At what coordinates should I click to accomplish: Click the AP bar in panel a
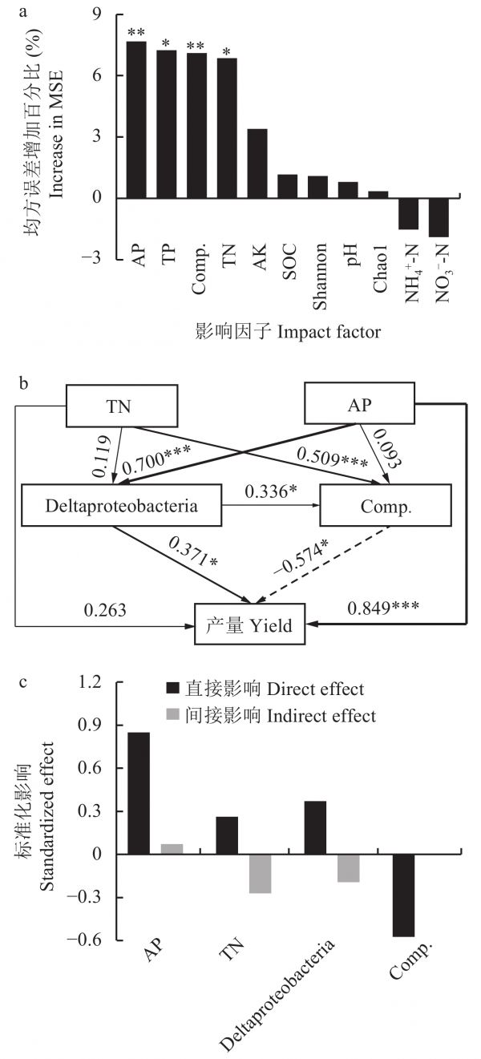[x=136, y=120]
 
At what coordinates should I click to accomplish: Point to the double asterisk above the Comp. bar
[x=196, y=46]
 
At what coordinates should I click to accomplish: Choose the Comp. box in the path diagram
[x=370, y=507]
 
